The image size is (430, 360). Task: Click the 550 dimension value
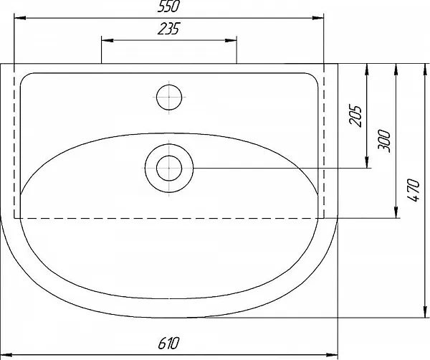(168, 6)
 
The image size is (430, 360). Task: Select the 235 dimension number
(168, 29)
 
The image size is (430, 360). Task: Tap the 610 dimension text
(168, 343)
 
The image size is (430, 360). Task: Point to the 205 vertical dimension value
(355, 115)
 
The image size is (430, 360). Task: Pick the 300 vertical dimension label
(384, 140)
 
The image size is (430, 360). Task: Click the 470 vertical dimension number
(414, 190)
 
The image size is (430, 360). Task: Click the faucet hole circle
(169, 97)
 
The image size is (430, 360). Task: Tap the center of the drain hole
(169, 169)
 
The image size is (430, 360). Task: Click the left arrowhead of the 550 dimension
(20, 18)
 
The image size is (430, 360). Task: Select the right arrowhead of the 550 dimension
(317, 18)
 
